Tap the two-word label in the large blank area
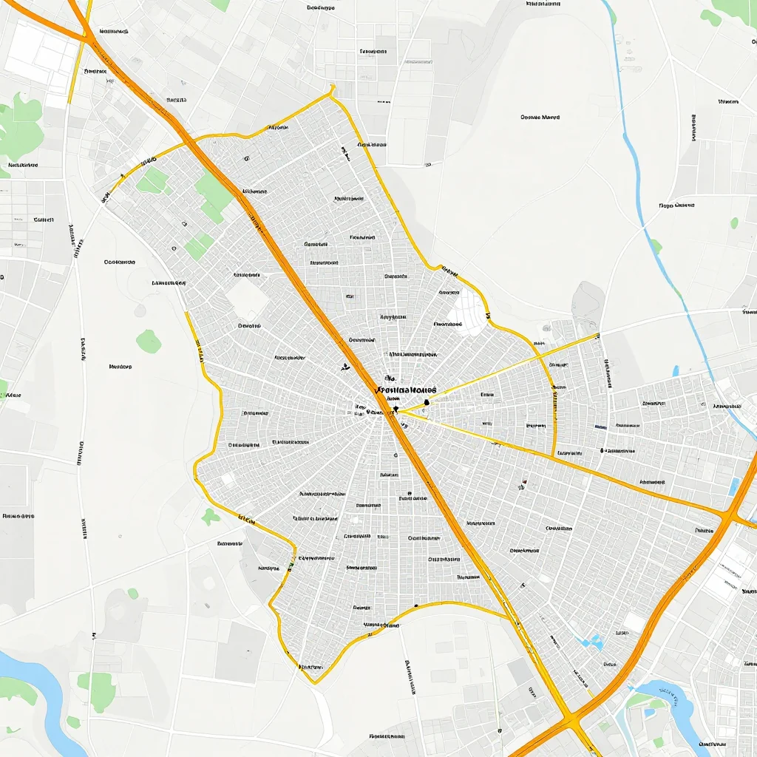[x=540, y=117]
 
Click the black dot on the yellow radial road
[x=427, y=402]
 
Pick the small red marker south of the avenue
[x=523, y=485]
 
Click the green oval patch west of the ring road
[x=149, y=341]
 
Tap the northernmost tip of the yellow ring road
[x=332, y=88]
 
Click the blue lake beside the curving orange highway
[x=669, y=702]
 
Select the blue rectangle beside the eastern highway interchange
[x=733, y=486]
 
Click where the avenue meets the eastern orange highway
[x=728, y=514]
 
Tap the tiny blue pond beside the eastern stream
[x=676, y=370]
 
